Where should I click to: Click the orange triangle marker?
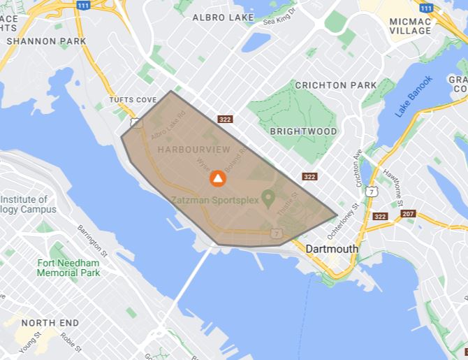pos(218,179)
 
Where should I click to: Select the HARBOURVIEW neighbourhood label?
pos(184,150)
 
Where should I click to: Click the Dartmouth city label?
pos(332,249)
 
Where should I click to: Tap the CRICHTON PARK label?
pos(335,85)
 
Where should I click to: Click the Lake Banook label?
pos(414,96)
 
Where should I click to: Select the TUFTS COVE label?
pos(133,100)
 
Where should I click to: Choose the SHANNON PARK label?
pos(47,41)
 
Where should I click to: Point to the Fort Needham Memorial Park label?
pos(69,268)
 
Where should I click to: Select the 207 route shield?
pos(409,213)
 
